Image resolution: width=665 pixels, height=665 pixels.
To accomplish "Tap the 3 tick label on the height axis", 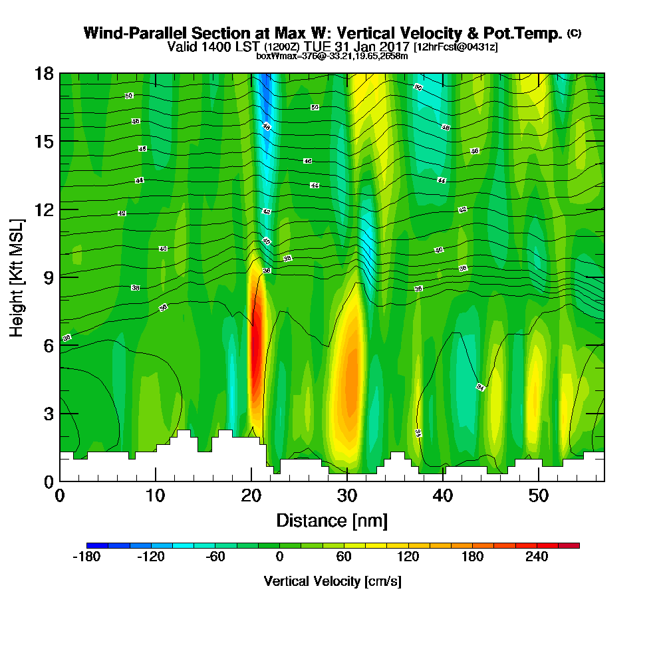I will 47,413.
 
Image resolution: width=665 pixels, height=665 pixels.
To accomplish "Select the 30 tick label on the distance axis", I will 347,495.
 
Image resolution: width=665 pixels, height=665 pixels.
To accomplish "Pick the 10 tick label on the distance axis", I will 156,495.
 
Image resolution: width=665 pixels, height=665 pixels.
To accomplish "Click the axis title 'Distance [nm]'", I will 332,520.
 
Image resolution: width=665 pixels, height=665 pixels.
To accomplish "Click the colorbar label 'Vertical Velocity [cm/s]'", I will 332,581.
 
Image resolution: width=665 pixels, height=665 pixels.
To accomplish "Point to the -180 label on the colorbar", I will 86,557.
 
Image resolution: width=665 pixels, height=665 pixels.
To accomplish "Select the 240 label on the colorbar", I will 537,557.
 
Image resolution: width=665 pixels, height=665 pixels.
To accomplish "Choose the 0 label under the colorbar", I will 280,557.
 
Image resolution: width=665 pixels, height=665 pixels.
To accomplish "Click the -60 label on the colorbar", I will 215,557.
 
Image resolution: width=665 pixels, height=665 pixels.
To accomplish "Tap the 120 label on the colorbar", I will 408,557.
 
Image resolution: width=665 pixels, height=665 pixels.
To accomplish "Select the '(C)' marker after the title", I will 573,33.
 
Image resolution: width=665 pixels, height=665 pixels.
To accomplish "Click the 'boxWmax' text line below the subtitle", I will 332,56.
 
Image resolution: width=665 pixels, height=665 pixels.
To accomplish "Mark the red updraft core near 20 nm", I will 255,346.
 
